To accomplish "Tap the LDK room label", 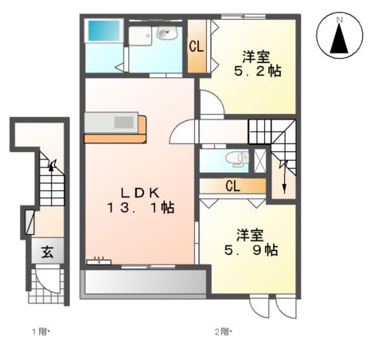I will [142, 192].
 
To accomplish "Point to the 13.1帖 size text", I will [142, 208].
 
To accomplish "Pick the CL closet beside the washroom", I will [196, 45].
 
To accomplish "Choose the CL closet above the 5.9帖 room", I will [233, 186].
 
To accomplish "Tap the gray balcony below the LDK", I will [143, 283].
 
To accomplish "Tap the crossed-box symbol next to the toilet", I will [259, 158].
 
